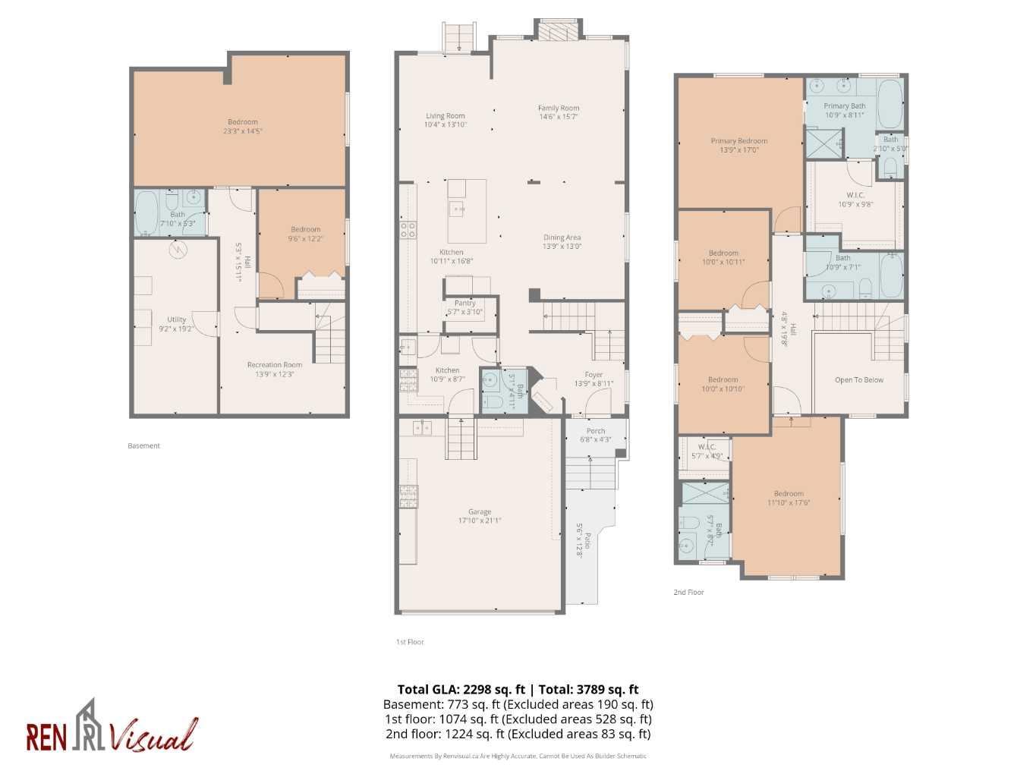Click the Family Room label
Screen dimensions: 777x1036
(x=558, y=109)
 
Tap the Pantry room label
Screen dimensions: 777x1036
(x=464, y=303)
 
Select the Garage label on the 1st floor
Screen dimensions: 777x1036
(x=479, y=512)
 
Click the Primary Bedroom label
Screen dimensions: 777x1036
(x=738, y=141)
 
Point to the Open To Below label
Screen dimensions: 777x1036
(x=858, y=380)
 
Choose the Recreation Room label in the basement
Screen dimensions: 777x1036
(x=274, y=365)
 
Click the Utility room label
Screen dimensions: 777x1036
(x=176, y=319)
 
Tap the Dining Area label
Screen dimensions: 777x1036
(x=562, y=238)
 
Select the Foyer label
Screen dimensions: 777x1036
(x=593, y=375)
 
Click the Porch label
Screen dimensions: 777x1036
(x=596, y=431)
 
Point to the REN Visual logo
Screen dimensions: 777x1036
(x=112, y=728)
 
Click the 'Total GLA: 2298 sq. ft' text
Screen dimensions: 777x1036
(x=461, y=690)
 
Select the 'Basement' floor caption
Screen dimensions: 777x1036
(x=143, y=446)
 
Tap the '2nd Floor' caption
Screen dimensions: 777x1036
(x=688, y=593)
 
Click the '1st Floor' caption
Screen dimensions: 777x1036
(x=410, y=642)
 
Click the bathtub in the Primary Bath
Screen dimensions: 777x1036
(x=889, y=105)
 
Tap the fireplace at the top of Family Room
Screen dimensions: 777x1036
(x=560, y=30)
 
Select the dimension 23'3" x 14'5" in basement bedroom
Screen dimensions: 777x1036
(x=242, y=131)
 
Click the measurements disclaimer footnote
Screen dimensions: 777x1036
(x=518, y=756)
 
